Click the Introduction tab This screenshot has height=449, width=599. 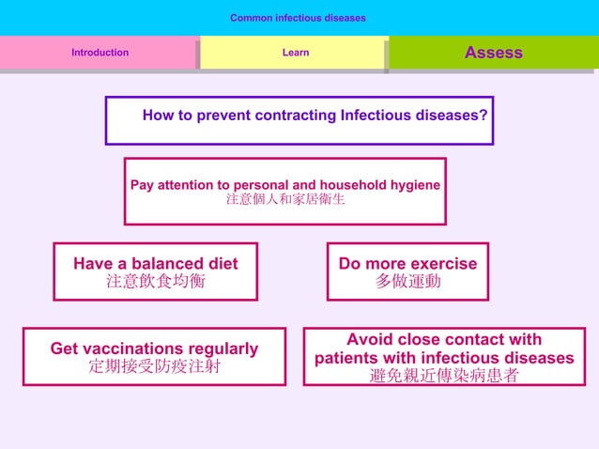click(100, 53)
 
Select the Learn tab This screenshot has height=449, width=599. click(295, 53)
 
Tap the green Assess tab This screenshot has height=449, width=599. click(493, 53)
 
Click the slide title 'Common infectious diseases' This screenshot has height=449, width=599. click(298, 18)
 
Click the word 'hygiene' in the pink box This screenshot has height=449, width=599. click(414, 185)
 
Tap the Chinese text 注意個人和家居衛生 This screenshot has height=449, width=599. click(284, 200)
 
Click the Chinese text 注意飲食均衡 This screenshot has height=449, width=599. click(155, 282)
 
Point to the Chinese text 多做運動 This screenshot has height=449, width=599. click(407, 282)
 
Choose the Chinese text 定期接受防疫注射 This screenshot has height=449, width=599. click(154, 366)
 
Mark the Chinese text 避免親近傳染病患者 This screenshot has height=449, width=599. click(443, 376)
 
